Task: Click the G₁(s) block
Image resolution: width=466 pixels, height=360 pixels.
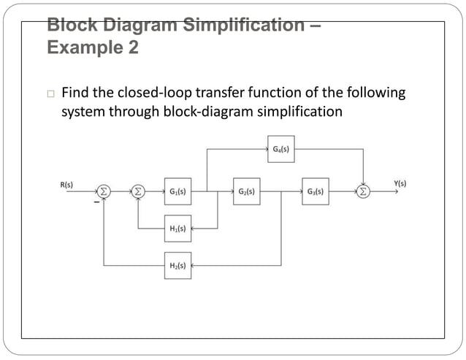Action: pos(177,191)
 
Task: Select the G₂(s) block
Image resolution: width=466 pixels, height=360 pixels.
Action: pos(246,191)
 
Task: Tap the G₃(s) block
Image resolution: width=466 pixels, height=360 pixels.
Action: pos(316,191)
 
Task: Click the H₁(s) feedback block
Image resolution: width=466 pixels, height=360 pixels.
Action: pos(177,229)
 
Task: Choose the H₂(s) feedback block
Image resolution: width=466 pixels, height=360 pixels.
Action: pos(177,265)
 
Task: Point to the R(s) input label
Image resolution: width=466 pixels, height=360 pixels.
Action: pos(66,185)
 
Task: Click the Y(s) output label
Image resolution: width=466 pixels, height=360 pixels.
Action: pos(400,184)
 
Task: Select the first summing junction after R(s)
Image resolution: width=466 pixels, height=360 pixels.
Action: pos(104,191)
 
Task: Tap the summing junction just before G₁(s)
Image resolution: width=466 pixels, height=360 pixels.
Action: pos(138,191)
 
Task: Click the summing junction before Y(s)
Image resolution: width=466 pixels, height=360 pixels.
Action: pos(363,191)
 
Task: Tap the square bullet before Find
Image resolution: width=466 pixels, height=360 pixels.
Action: pos(50,94)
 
